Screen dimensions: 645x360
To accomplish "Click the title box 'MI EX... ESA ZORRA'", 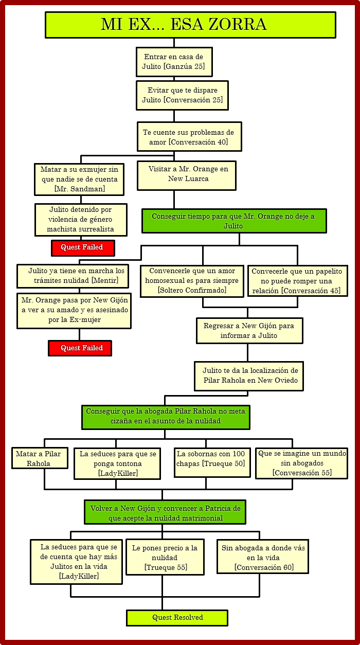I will click(190, 25).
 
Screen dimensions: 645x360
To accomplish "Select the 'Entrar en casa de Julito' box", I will click(174, 62).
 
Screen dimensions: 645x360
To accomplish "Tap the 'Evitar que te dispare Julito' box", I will click(182, 95).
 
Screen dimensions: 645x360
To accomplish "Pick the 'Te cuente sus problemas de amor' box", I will click(189, 137).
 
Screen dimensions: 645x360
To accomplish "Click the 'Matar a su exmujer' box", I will click(79, 179).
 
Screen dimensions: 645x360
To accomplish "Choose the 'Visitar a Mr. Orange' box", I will click(186, 175).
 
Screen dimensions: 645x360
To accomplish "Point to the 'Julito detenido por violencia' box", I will click(80, 220).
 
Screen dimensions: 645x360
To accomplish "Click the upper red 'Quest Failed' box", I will click(82, 247).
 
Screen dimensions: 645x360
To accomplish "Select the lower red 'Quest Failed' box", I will click(80, 348).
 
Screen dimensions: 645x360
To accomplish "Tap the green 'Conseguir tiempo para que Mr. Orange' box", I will click(234, 221).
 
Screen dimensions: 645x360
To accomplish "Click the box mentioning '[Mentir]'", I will click(73, 276).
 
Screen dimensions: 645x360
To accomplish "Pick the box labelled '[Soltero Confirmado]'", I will click(191, 281).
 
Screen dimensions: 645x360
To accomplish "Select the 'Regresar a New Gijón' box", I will click(249, 330).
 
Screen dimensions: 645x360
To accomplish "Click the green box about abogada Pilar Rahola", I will click(166, 417).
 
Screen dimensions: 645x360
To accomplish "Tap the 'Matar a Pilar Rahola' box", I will click(40, 458).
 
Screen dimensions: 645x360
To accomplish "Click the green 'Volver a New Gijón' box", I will click(165, 512).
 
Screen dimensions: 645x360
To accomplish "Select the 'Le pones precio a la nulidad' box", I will click(165, 557).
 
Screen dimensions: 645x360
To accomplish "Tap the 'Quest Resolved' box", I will click(177, 618).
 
